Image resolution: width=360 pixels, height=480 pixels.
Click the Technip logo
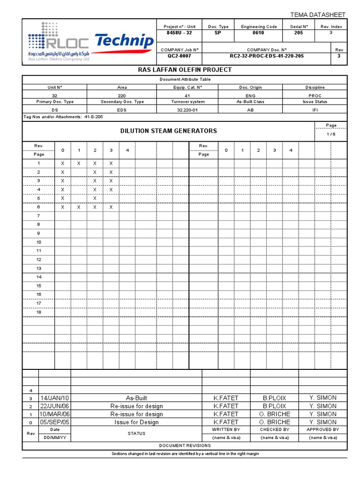click(124, 42)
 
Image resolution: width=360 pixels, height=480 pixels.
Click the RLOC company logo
click(58, 42)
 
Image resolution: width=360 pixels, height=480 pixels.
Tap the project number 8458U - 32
click(180, 33)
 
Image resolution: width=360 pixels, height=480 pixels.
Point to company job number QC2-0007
click(180, 56)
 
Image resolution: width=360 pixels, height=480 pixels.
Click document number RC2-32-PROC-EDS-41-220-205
click(266, 56)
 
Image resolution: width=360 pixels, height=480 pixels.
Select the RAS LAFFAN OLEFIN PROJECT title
click(184, 70)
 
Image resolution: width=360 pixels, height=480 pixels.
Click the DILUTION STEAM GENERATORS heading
click(169, 131)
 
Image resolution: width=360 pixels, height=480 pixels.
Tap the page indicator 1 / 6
click(331, 135)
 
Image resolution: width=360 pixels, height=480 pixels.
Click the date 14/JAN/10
click(55, 398)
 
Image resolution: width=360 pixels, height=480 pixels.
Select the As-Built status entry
click(136, 398)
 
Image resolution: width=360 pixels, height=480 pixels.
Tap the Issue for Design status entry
click(136, 422)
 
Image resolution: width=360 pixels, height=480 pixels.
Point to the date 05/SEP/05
click(55, 422)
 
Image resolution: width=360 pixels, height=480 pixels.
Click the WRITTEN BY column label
click(226, 429)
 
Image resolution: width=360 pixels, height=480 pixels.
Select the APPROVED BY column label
click(322, 429)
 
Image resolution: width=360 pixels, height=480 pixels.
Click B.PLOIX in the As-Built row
click(274, 398)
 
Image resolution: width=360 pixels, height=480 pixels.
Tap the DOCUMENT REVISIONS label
click(185, 446)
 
